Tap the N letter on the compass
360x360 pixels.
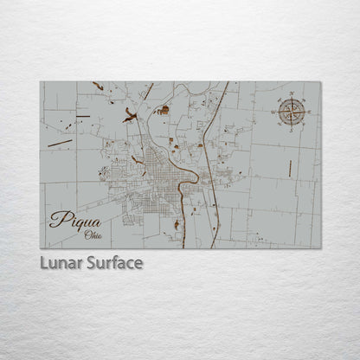(x=292, y=97)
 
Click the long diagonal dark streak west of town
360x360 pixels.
(x=60, y=142)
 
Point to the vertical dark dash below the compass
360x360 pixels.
(x=290, y=168)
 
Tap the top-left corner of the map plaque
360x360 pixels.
(x=41, y=82)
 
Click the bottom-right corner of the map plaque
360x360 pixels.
(x=320, y=248)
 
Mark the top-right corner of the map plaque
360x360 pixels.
(x=320, y=82)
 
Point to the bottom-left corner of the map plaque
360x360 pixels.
(x=41, y=248)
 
